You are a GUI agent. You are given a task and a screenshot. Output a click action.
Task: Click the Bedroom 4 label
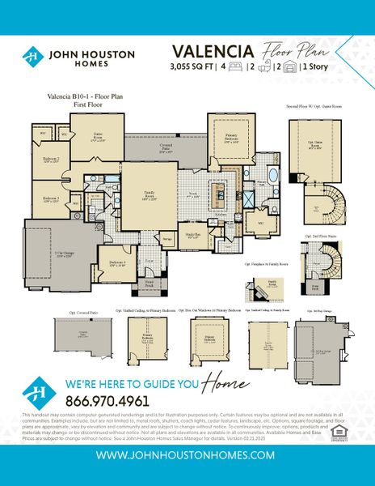coord(116,262)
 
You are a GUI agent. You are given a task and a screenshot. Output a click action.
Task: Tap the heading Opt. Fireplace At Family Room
coord(267,263)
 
